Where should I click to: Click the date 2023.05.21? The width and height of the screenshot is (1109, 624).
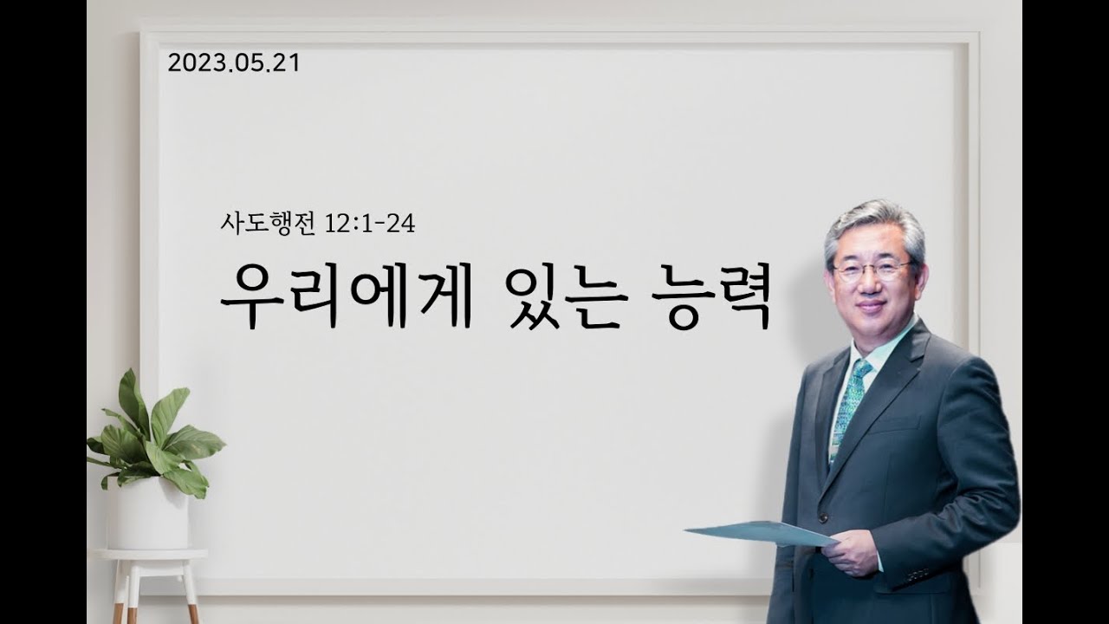tap(234, 63)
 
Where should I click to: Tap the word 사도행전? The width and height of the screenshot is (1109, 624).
tap(268, 224)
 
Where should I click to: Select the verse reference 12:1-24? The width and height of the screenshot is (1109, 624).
tap(370, 224)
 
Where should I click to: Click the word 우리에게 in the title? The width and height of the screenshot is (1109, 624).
tap(347, 296)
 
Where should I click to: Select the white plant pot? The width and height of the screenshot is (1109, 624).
tap(148, 514)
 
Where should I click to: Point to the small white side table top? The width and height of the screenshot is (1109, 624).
tap(150, 555)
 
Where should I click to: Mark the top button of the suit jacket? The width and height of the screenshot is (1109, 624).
tap(823, 517)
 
